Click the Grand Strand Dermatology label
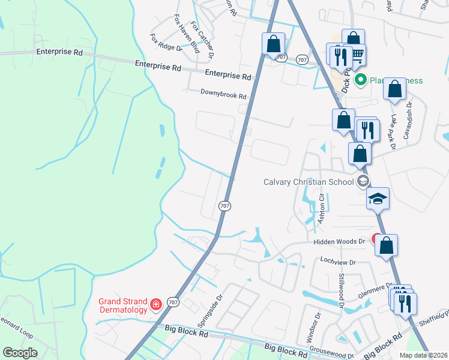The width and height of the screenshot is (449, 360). [123, 305]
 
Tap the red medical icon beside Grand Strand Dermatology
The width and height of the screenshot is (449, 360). [156, 305]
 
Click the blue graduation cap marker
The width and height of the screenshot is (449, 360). [378, 199]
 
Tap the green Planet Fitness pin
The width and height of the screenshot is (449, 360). [361, 80]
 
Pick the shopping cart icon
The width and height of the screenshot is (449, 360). [357, 55]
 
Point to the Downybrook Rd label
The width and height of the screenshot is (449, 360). [223, 95]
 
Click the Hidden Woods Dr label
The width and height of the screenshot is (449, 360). [339, 241]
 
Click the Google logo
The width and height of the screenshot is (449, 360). [20, 353]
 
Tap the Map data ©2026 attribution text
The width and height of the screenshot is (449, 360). [424, 355]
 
